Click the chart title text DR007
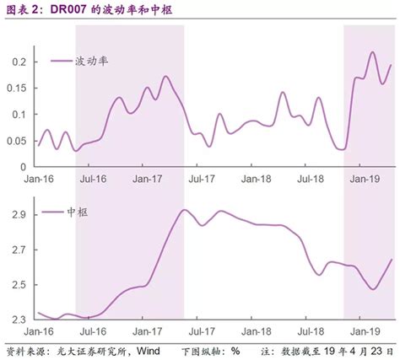click(68, 9)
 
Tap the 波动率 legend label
click(92, 61)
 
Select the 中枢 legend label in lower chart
click(78, 212)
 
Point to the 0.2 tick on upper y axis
click(19, 62)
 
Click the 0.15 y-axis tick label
click(17, 89)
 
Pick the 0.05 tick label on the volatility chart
click(17, 141)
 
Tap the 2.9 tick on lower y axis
click(19, 215)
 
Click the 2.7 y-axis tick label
click(19, 250)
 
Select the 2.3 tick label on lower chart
click(19, 320)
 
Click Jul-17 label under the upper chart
click(202, 179)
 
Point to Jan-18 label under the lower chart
click(256, 331)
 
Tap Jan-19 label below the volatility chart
click(365, 179)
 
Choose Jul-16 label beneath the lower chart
click(93, 331)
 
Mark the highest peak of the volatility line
click(373, 52)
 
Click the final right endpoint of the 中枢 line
click(391, 260)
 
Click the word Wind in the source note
click(149, 351)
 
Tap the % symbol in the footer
click(235, 351)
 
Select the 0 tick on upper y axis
click(23, 167)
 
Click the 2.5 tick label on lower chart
click(19, 285)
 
